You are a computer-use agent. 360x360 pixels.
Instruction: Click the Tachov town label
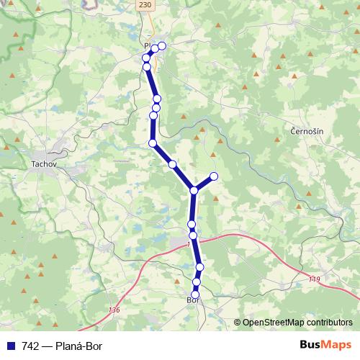pos(44,164)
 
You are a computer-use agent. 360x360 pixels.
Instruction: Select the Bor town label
pos(191,299)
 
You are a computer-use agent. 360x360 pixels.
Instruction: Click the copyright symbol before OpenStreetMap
pos(238,323)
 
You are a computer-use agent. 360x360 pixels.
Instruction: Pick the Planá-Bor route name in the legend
pos(80,346)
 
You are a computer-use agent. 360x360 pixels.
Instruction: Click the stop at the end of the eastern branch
pos(213,176)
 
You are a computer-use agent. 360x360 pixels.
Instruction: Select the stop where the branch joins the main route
pos(194,190)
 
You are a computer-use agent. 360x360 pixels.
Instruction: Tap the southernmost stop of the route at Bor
pos(194,294)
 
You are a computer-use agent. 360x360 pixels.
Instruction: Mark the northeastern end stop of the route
pos(162,46)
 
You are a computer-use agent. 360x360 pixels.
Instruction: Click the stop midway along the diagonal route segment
pos(172,165)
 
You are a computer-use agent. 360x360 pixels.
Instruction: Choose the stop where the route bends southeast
pos(153,143)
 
